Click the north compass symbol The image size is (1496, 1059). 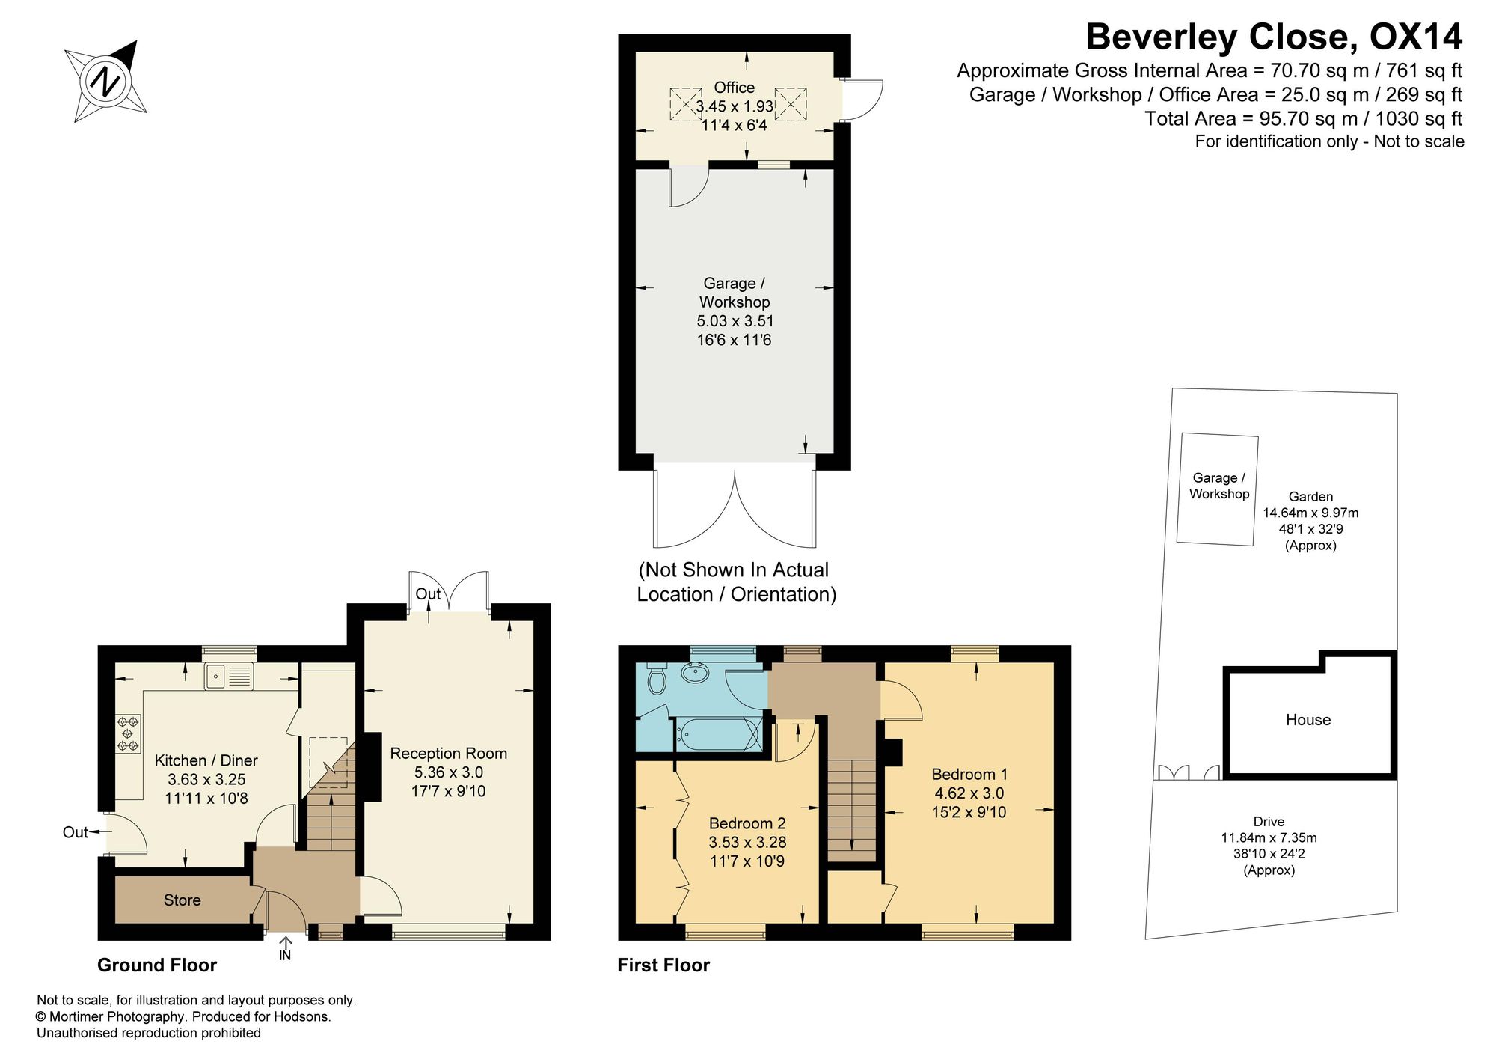(105, 81)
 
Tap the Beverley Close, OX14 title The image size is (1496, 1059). (1274, 37)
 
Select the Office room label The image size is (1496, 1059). (734, 88)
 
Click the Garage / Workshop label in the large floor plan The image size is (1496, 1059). (734, 293)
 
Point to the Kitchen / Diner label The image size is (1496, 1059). (206, 760)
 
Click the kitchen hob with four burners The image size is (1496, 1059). (127, 733)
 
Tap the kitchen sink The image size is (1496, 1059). (229, 677)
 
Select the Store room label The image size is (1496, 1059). (182, 900)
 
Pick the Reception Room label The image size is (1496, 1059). (449, 754)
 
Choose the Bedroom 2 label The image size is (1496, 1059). (747, 823)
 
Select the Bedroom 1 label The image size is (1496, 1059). (969, 775)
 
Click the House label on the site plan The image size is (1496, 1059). (1308, 720)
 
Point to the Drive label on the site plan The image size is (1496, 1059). (1269, 822)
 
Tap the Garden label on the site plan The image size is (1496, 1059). (1310, 496)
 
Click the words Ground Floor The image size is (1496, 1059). (157, 965)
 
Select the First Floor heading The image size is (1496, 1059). (663, 965)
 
